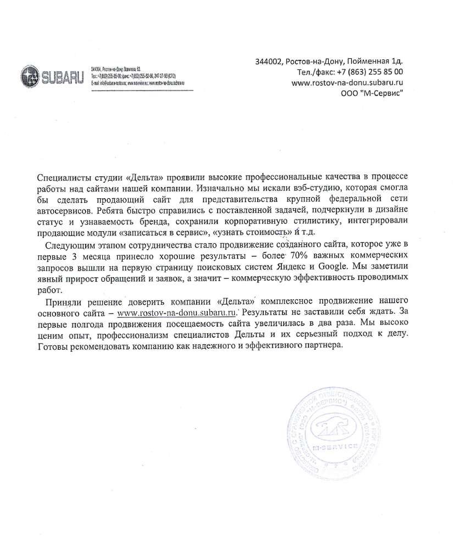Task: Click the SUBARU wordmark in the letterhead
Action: point(62,77)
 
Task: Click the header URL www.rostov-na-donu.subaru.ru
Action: point(347,82)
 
